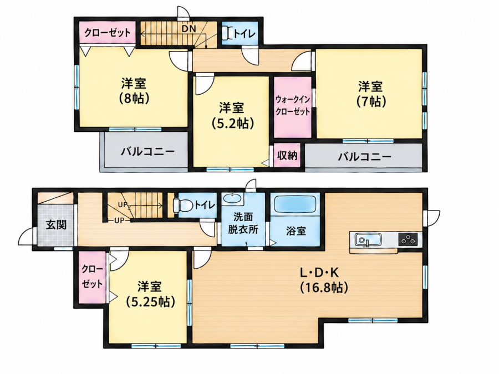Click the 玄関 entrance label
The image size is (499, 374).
pyautogui.click(x=57, y=225)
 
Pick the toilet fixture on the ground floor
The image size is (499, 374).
pyautogui.click(x=182, y=205)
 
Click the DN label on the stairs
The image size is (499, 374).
pyautogui.click(x=189, y=28)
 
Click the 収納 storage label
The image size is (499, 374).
pyautogui.click(x=287, y=156)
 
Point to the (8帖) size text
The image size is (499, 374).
pyautogui.click(x=134, y=99)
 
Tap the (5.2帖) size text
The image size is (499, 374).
pyautogui.click(x=233, y=123)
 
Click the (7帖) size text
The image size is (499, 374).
pyautogui.click(x=370, y=101)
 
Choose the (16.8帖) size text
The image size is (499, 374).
pyautogui.click(x=324, y=288)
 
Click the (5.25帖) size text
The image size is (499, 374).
pyautogui.click(x=150, y=301)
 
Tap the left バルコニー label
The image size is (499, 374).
pyautogui.click(x=147, y=151)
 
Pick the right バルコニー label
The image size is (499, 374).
pyautogui.click(x=364, y=157)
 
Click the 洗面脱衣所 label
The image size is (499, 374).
pyautogui.click(x=243, y=223)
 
